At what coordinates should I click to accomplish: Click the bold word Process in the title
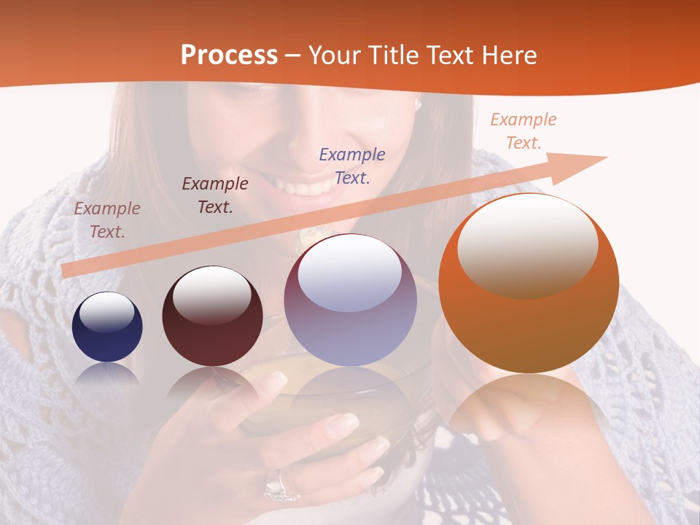click(229, 55)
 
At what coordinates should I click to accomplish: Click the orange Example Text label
click(523, 131)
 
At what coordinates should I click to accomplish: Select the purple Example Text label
click(352, 166)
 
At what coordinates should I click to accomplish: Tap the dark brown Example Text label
click(215, 195)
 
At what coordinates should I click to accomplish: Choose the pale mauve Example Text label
click(107, 219)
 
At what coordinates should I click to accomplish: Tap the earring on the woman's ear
click(419, 105)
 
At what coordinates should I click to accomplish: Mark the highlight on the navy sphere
click(106, 312)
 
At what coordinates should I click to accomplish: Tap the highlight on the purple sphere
click(350, 273)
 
